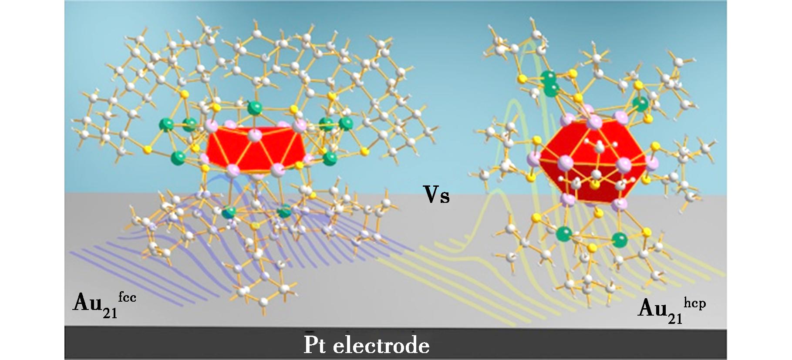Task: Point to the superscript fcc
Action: tap(127, 297)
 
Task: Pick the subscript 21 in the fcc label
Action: tap(110, 313)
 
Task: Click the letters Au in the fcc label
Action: tap(88, 302)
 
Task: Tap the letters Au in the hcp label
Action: tap(652, 308)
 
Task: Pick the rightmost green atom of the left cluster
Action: tap(346, 123)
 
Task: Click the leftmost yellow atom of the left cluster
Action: tap(148, 150)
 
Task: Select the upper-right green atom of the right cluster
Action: tap(640, 104)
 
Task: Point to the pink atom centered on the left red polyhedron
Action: tap(256, 135)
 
